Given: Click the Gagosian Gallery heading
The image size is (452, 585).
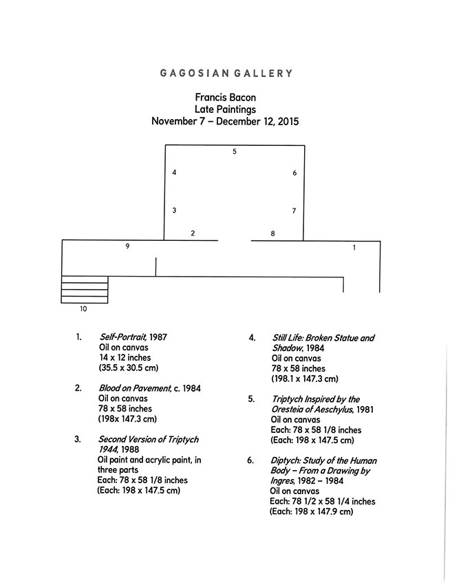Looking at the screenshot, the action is pyautogui.click(x=226, y=73).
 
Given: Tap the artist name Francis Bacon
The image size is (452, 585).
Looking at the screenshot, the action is pyautogui.click(x=225, y=97).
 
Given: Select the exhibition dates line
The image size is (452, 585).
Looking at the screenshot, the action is pyautogui.click(x=225, y=121).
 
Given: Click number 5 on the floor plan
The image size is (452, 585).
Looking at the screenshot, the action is pyautogui.click(x=235, y=151).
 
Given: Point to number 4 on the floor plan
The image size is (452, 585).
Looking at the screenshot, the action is pyautogui.click(x=174, y=172).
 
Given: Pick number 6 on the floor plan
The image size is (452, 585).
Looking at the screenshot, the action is pyautogui.click(x=294, y=173).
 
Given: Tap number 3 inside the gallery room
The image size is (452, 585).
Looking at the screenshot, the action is pyautogui.click(x=174, y=211).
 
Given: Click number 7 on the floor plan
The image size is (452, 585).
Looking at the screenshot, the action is pyautogui.click(x=294, y=211).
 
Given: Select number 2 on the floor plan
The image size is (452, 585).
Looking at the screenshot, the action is pyautogui.click(x=193, y=233).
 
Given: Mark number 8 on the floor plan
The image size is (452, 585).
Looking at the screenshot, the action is pyautogui.click(x=272, y=233).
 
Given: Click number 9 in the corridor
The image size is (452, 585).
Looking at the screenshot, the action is pyautogui.click(x=127, y=246).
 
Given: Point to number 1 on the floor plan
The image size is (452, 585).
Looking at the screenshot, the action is pyautogui.click(x=354, y=247).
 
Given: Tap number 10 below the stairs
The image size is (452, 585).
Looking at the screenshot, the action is pyautogui.click(x=83, y=309).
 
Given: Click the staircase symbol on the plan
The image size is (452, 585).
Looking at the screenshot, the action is pyautogui.click(x=85, y=290).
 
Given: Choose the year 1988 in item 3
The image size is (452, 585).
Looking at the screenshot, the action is pyautogui.click(x=130, y=449).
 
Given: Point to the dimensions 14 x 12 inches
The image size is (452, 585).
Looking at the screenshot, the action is pyautogui.click(x=125, y=357).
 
